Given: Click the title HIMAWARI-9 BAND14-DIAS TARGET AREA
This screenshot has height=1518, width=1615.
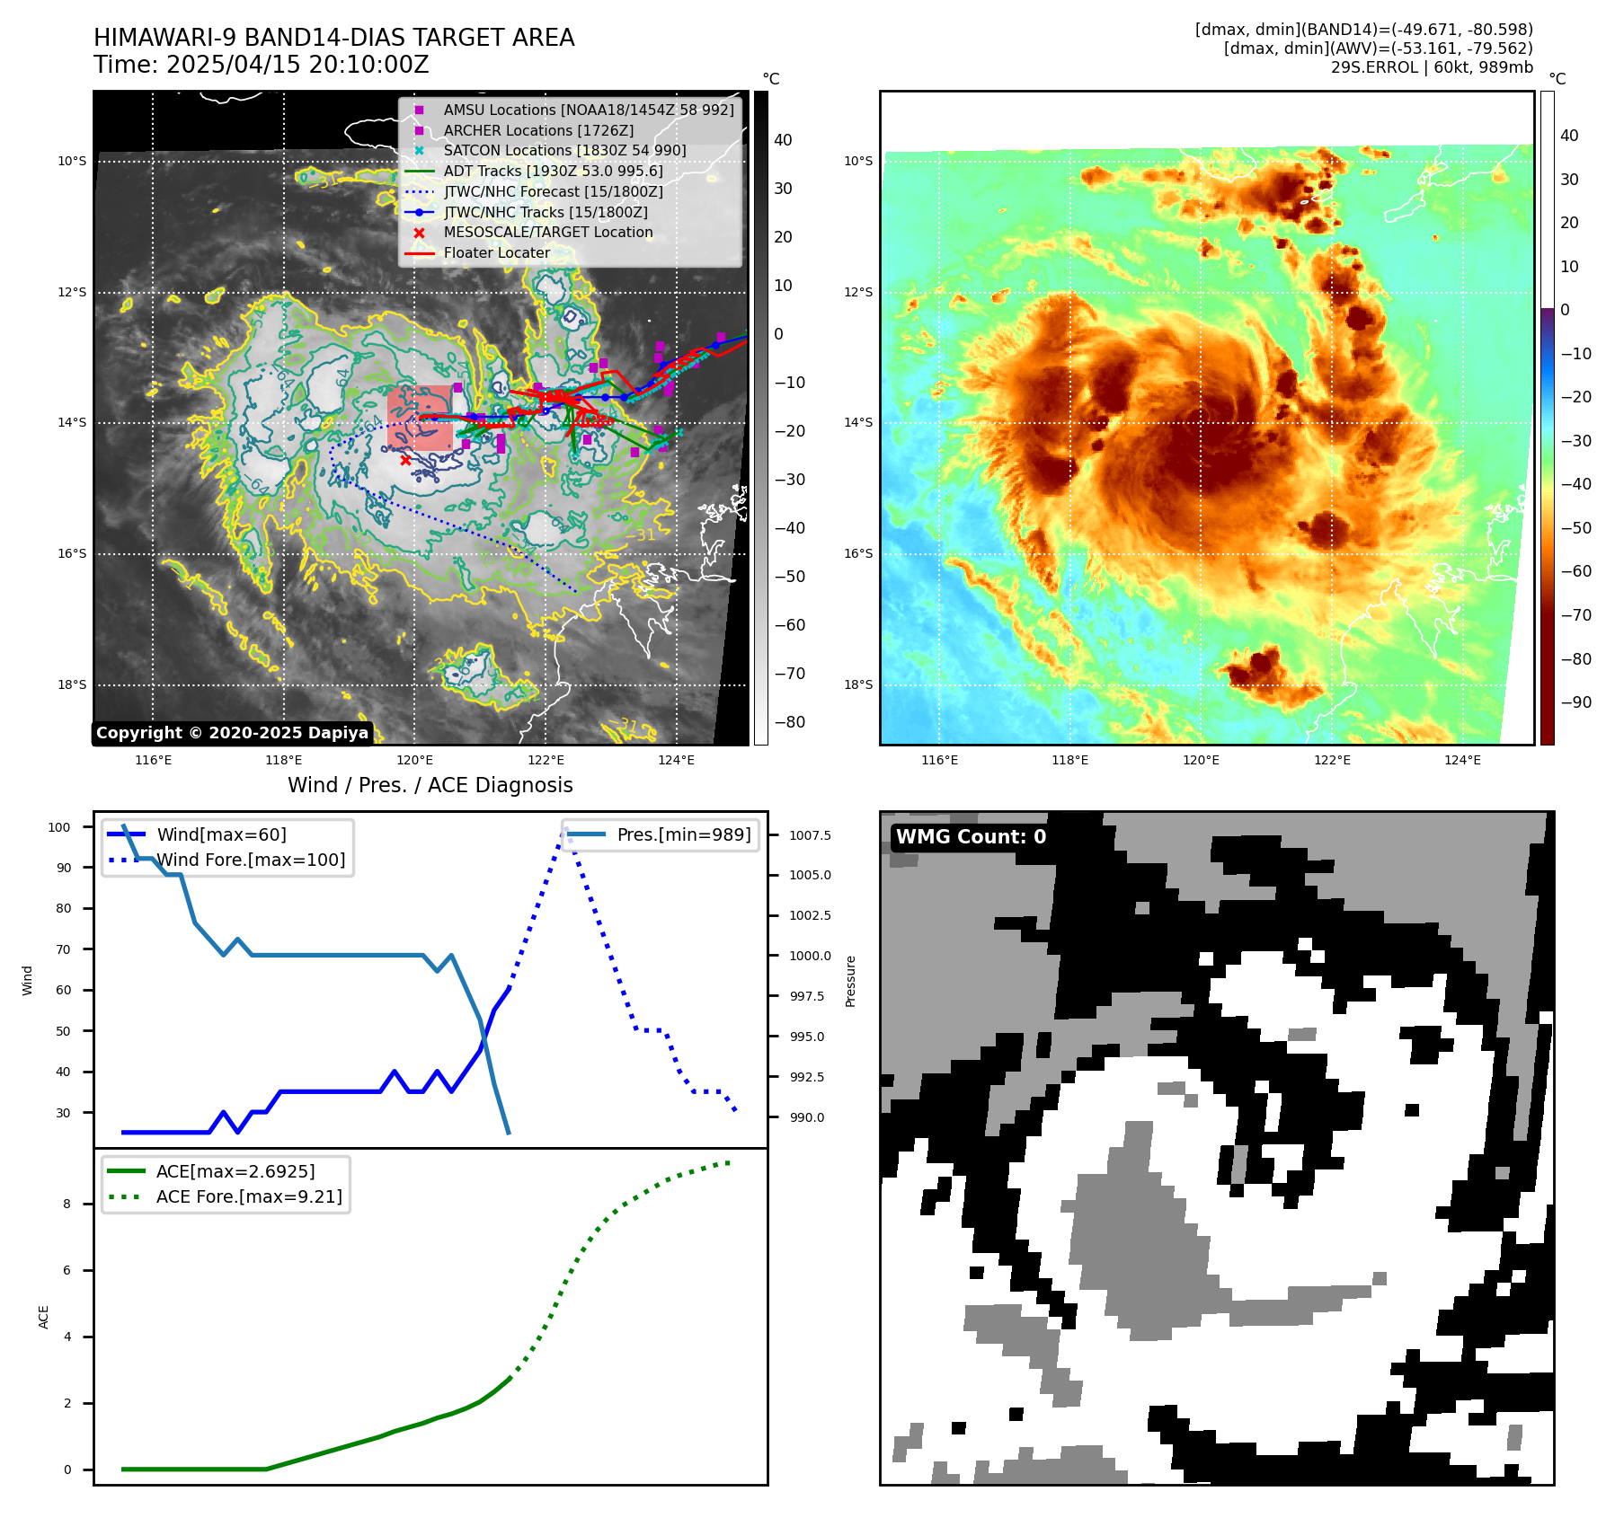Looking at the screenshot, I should [333, 38].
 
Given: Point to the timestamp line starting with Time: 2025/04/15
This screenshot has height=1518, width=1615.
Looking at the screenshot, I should [261, 65].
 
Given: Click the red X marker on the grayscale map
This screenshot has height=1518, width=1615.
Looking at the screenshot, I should [405, 460].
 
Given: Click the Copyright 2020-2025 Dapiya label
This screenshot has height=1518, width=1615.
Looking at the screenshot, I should [232, 733].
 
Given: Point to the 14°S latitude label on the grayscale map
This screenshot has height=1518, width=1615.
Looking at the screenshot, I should [72, 422].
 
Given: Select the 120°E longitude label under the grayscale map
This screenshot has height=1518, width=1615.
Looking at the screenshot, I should [414, 760].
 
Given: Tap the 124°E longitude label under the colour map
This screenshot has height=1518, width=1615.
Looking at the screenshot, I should [1462, 760].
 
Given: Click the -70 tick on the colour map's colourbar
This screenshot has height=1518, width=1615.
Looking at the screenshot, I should [1575, 615].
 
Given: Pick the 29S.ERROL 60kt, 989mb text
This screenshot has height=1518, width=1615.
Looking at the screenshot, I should [1432, 67].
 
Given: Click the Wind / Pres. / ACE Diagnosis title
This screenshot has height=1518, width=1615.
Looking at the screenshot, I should [430, 785].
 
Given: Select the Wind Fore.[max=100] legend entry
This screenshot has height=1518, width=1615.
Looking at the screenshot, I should [251, 860].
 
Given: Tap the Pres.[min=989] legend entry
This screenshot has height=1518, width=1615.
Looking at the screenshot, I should [683, 834].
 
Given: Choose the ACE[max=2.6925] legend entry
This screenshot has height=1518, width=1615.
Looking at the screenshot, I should [235, 1171].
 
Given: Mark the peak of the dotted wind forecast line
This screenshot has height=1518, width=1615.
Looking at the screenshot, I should [565, 829].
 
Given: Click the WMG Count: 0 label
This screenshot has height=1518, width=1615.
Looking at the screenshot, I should [971, 837].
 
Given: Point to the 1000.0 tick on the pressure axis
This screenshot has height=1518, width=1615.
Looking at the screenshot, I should [810, 956].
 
